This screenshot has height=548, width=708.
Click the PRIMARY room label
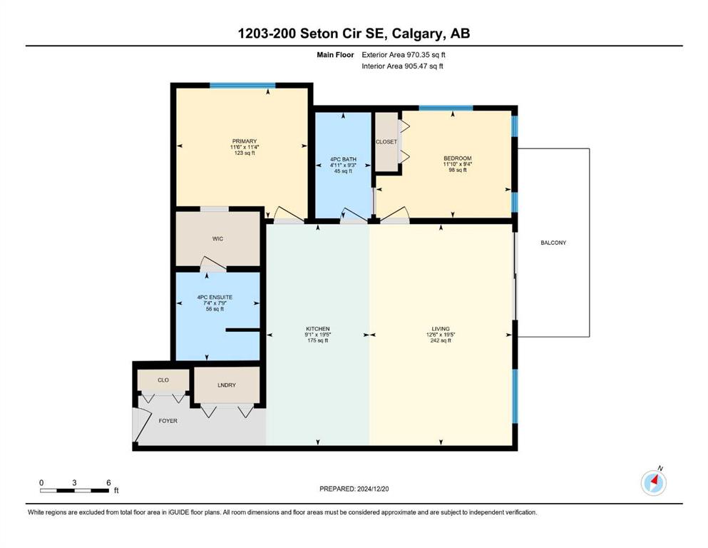coord(245,141)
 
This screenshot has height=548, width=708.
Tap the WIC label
coord(217,239)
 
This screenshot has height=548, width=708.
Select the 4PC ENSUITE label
coord(215,298)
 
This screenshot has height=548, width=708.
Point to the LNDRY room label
coord(227,385)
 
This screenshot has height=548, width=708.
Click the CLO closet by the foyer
coord(163,380)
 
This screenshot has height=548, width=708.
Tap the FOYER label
coord(168,421)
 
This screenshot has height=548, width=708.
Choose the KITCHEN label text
coord(318,329)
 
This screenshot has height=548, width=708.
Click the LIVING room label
coord(441,329)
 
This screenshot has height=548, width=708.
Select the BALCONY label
coord(553,243)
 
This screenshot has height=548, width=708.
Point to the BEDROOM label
coord(458,158)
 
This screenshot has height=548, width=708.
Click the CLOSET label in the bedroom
coord(386,142)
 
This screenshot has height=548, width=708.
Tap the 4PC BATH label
coord(343,159)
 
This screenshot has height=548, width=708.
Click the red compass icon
coord(653,482)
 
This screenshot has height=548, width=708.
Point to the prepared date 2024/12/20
coord(373,489)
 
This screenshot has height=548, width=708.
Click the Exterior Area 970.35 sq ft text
coord(404,55)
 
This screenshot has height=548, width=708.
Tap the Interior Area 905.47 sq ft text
coord(402,66)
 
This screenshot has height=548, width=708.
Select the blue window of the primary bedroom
coord(242,86)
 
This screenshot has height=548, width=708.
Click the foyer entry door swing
coord(141,425)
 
